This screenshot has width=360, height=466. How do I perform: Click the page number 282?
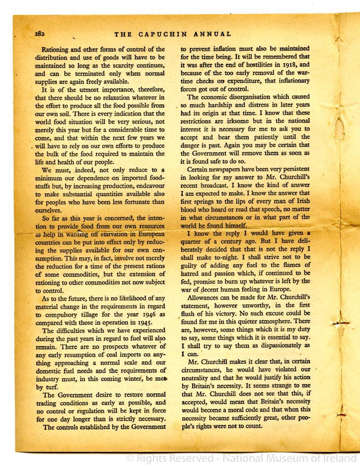39,34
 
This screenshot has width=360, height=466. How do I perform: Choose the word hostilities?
254,65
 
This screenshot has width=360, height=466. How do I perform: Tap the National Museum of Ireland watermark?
242,459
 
